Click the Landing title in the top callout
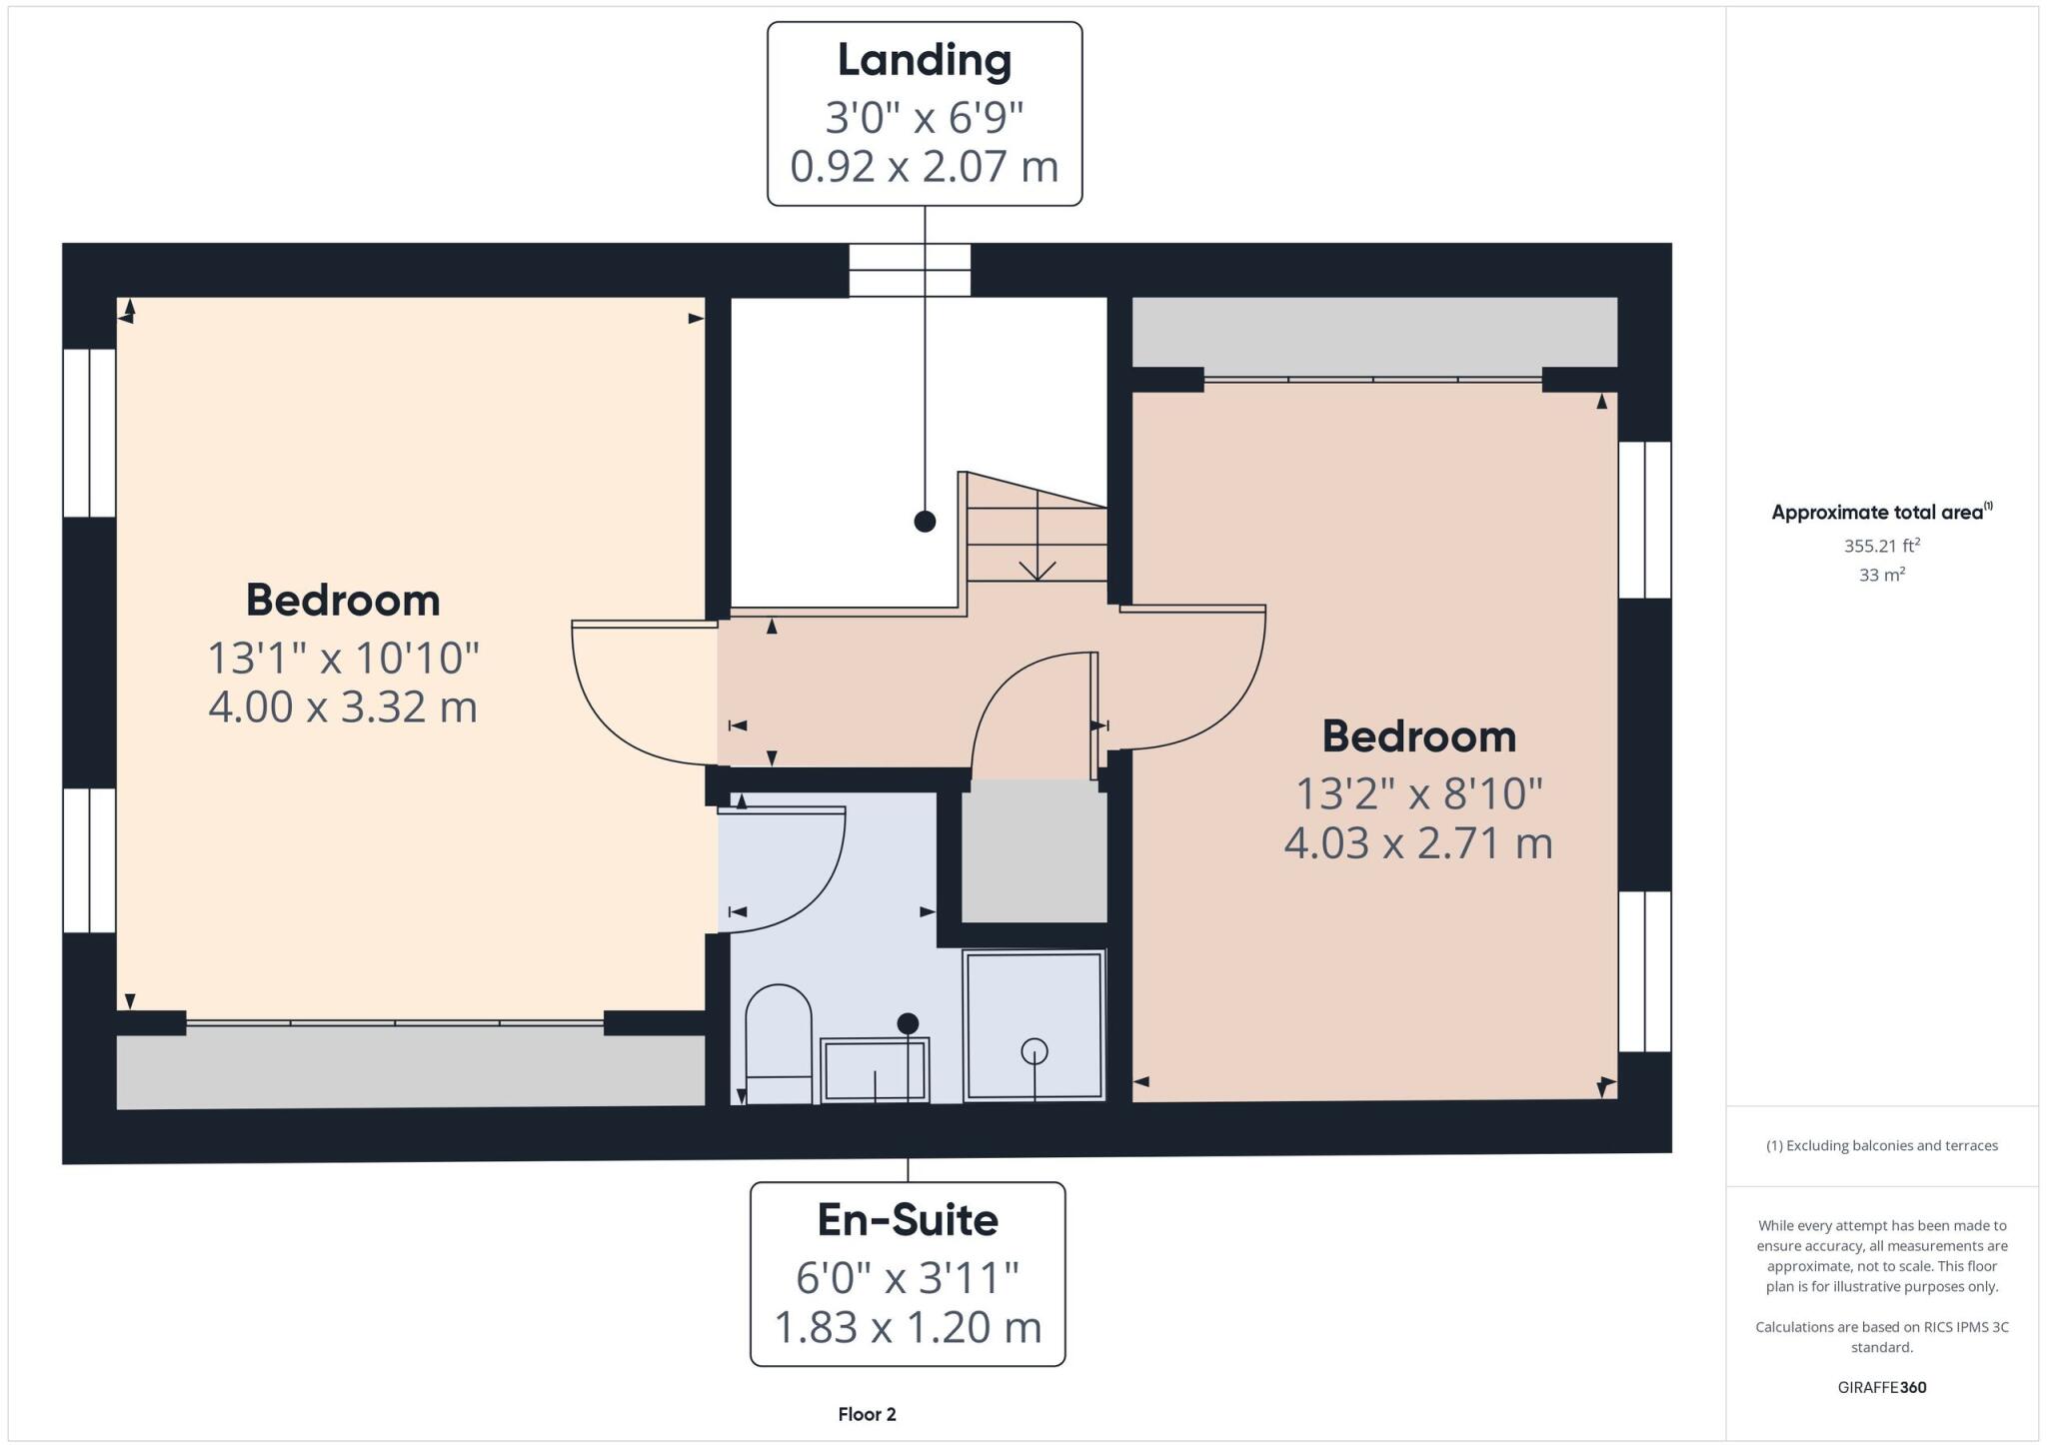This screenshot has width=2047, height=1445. [x=924, y=60]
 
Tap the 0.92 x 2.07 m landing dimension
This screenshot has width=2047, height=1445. [x=924, y=166]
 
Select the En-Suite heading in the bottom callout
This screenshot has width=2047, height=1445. [x=908, y=1220]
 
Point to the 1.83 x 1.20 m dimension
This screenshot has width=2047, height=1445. [x=908, y=1327]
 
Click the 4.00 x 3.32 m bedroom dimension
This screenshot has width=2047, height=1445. [x=343, y=707]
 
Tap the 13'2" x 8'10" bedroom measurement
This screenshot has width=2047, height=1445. [x=1418, y=794]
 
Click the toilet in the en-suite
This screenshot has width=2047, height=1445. [x=779, y=1043]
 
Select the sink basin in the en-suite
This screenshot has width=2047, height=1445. [x=875, y=1069]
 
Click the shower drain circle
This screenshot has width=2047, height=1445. [x=1033, y=1051]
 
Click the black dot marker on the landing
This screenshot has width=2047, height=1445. [x=925, y=521]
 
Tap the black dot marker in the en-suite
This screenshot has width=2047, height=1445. [x=908, y=1023]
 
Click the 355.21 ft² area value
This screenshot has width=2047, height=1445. [x=1881, y=547]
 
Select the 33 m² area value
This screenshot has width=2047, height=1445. [x=1881, y=576]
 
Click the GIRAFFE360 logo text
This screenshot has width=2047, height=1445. [x=1881, y=1387]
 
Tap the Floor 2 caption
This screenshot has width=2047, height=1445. [x=867, y=1414]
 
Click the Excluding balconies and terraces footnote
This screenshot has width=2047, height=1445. [x=1881, y=1145]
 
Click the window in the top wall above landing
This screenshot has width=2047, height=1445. [x=910, y=270]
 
